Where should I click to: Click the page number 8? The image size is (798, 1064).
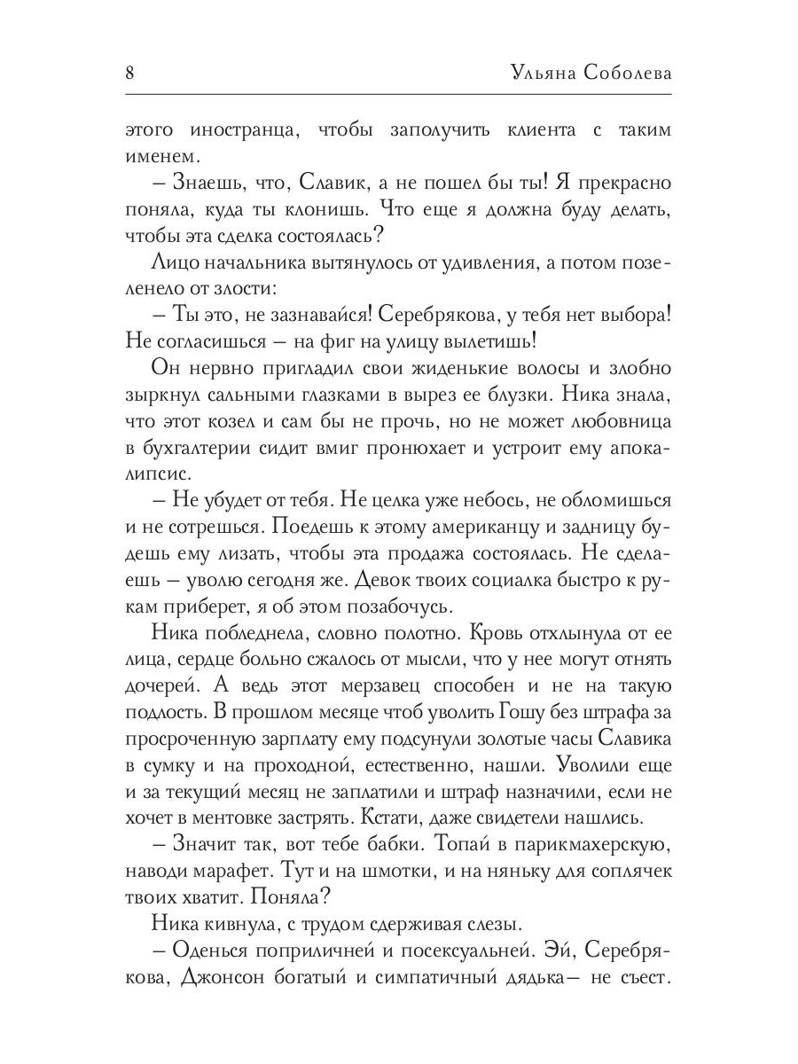129,73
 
